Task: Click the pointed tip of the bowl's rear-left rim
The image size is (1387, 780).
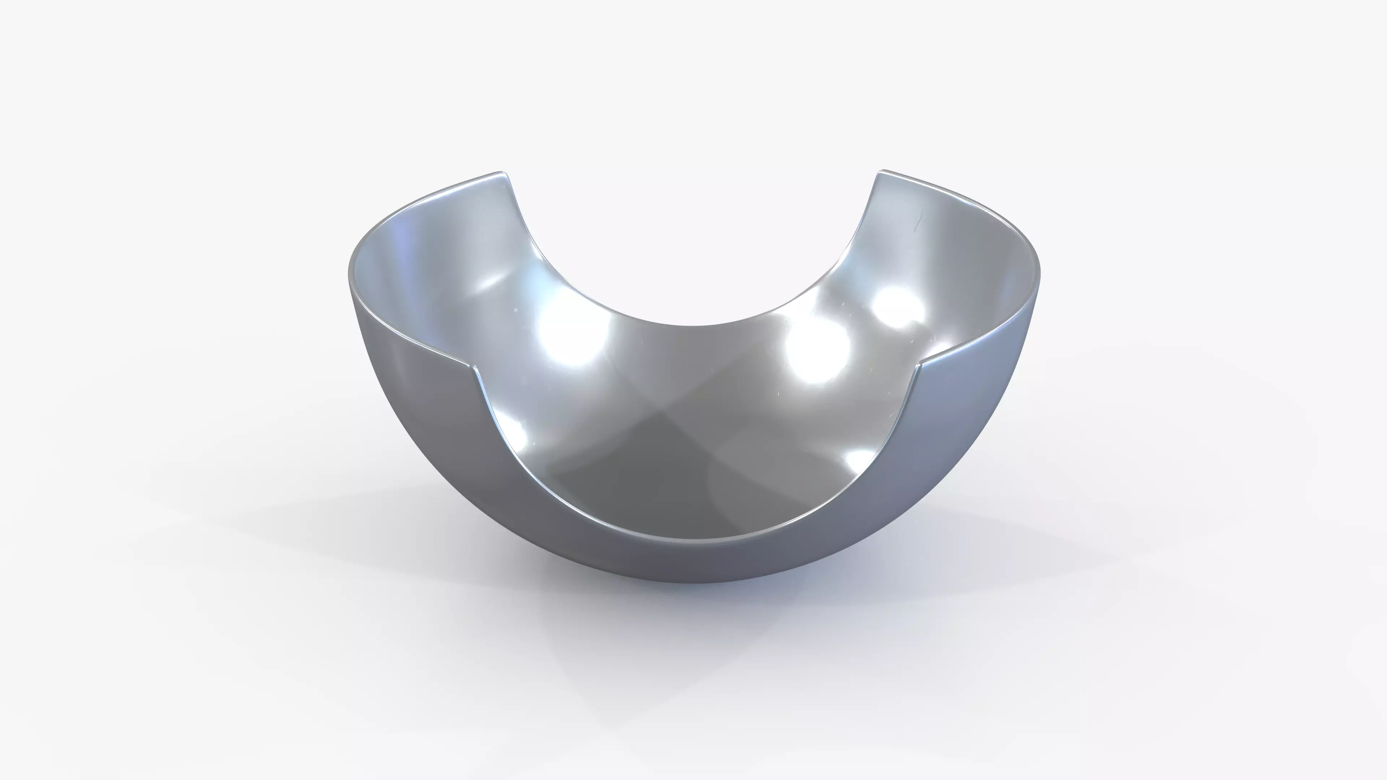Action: tap(501, 173)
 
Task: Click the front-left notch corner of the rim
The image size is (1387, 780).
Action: tap(474, 368)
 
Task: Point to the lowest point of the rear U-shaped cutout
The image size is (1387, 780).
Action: tap(695, 326)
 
